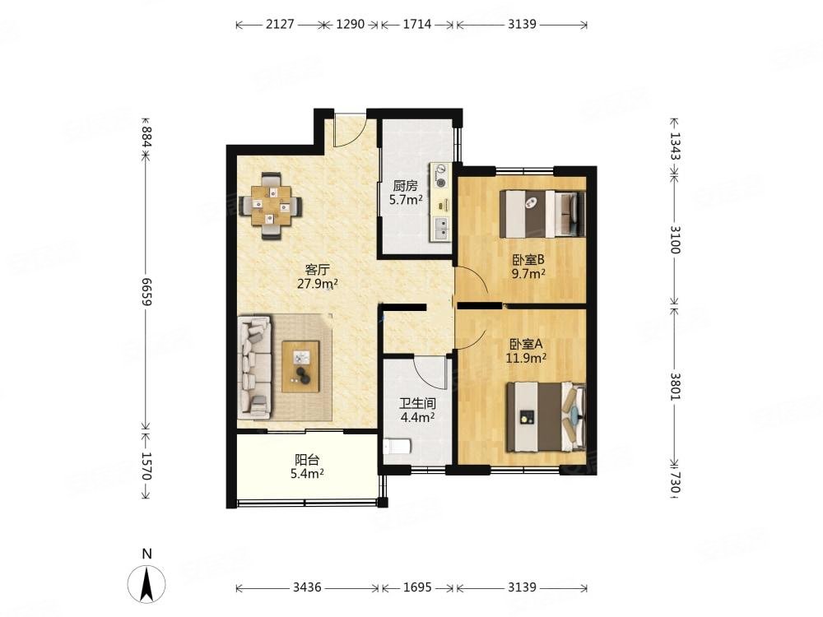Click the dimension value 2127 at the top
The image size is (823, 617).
tap(280, 24)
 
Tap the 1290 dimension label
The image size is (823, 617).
tap(350, 24)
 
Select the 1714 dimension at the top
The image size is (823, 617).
tap(416, 24)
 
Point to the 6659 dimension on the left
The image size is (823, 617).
tap(146, 292)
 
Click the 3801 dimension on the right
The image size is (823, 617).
tap(675, 387)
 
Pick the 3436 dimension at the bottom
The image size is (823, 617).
tap(307, 587)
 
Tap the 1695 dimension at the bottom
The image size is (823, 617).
tap(417, 587)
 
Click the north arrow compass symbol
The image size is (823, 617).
tap(147, 583)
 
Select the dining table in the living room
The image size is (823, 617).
tap(271, 206)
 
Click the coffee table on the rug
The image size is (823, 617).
tap(300, 366)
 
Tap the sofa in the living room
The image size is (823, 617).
tap(254, 367)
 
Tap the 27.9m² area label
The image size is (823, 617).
tap(318, 284)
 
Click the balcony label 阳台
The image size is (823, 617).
tap(307, 460)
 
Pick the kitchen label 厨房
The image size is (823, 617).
tap(405, 186)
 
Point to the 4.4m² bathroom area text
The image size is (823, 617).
tap(417, 418)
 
